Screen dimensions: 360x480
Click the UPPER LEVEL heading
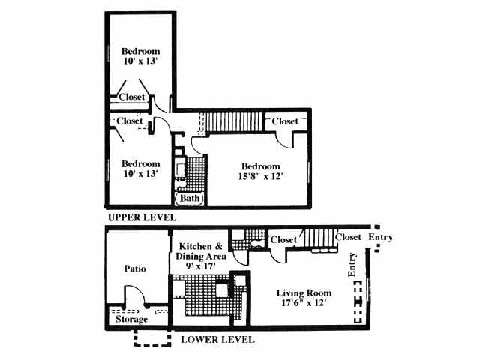[x=142, y=217]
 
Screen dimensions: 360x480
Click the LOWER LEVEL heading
[x=217, y=339]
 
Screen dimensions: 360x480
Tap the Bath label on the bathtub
[x=190, y=199]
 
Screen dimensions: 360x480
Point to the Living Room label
[x=303, y=292]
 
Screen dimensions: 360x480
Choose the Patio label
[x=135, y=268]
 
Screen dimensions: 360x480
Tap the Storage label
[x=131, y=320]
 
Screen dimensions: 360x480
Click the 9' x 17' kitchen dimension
[x=199, y=265]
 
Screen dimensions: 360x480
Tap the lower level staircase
[x=319, y=240]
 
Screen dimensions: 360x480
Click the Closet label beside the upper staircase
[x=285, y=121]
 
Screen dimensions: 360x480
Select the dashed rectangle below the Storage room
[x=153, y=338]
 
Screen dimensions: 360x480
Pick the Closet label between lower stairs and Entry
[x=349, y=237]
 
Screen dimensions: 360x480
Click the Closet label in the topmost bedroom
[x=132, y=97]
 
